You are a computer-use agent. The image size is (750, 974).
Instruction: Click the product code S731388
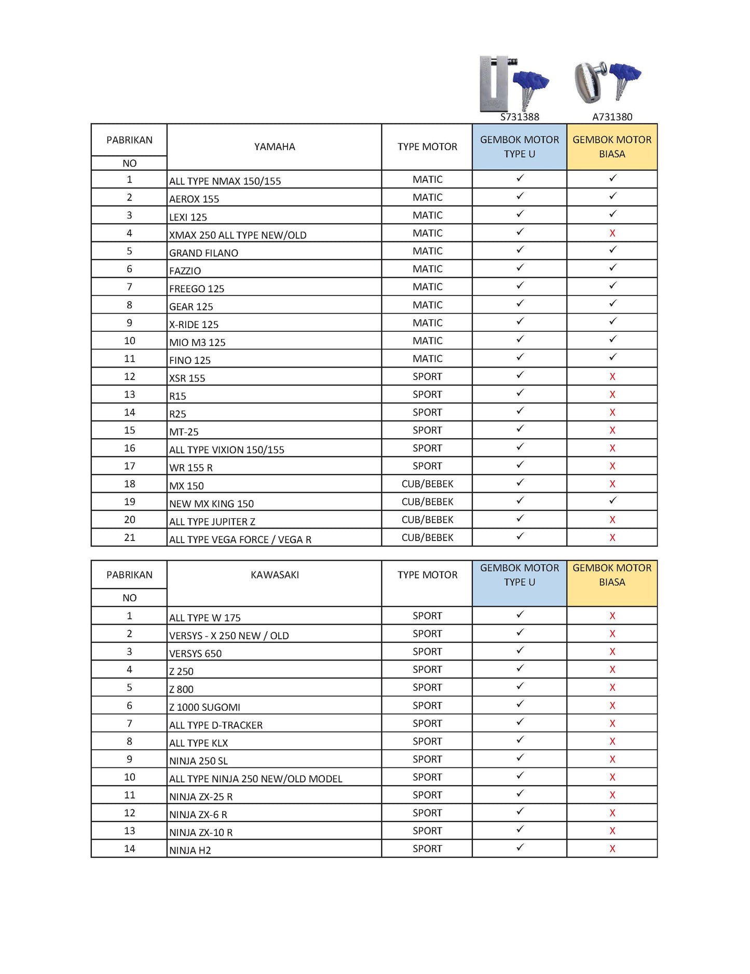(520, 117)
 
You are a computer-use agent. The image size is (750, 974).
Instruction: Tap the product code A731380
(612, 117)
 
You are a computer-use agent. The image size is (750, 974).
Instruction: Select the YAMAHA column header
(274, 147)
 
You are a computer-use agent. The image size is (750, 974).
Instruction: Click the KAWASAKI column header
(274, 575)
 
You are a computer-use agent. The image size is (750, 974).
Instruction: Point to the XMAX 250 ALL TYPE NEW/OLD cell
(238, 235)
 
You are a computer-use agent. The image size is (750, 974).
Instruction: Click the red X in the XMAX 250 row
(612, 233)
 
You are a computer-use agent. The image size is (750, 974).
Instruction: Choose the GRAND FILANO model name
(203, 253)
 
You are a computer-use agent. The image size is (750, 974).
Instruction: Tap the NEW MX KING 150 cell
(211, 504)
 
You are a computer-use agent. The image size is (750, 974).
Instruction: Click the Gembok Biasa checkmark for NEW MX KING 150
(612, 500)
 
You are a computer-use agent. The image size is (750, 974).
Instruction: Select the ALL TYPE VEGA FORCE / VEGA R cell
(240, 539)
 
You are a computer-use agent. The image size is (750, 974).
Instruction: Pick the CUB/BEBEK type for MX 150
(427, 484)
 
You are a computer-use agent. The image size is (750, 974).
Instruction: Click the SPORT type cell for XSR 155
(427, 376)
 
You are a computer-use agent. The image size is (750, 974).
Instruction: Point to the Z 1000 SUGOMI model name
(204, 707)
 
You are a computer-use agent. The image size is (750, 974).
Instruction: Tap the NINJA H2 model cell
(190, 850)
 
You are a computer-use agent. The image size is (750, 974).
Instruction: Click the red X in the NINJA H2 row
(612, 849)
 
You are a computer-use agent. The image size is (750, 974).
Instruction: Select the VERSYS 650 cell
(195, 654)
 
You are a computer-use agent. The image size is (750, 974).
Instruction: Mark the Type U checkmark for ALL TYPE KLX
(520, 740)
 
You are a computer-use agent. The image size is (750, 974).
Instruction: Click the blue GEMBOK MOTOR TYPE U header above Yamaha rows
(520, 147)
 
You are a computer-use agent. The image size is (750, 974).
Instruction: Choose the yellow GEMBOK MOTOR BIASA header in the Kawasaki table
(612, 575)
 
